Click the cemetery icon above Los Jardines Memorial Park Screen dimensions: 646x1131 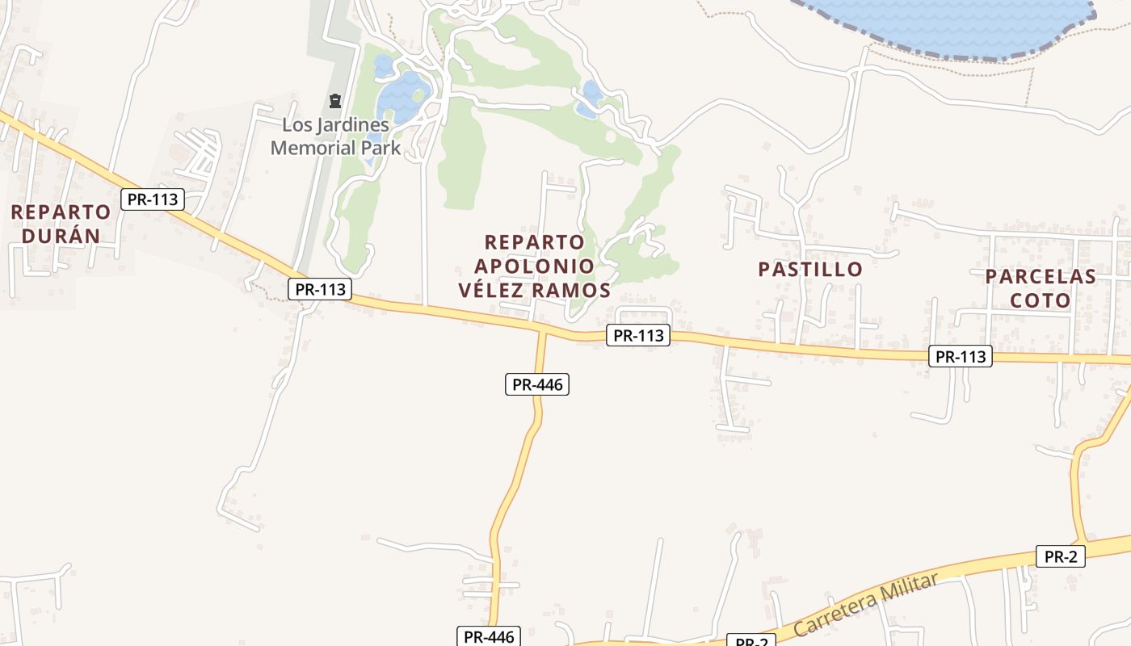335,101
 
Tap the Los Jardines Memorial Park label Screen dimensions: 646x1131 335,136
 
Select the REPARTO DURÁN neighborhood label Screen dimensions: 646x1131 61,224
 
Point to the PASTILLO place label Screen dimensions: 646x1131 810,270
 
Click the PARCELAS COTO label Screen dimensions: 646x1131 1041,288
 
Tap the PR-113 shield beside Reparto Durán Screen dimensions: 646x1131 153,199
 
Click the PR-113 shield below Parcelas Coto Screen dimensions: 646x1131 960,356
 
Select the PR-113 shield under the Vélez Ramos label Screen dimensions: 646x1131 638,335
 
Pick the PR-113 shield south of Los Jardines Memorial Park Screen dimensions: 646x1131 320,289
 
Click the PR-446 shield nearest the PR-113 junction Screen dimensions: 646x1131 537,384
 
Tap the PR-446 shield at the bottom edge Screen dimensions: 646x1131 489,636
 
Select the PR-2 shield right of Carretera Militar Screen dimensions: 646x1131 1061,556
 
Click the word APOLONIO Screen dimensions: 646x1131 534,266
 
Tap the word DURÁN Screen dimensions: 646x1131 61,236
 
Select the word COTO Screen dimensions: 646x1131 1041,300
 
